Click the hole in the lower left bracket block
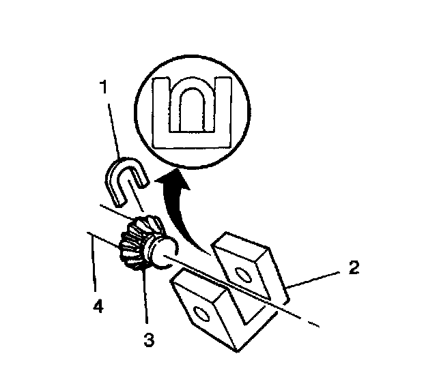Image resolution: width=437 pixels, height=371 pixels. [200, 314]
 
